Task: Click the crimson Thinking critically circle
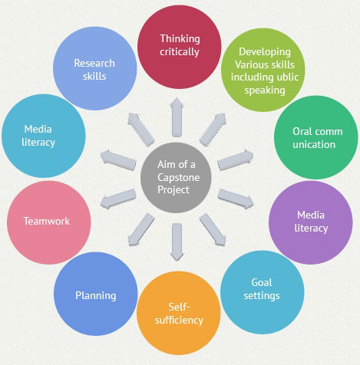179,47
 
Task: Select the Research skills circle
95,68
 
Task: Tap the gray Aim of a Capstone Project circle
176,178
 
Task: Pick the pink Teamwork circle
49,222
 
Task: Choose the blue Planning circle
96,294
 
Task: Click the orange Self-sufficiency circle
179,313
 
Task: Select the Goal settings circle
263,292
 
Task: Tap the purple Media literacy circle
311,222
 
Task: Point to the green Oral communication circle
316,137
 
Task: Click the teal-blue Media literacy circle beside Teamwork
44,136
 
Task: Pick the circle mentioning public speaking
263,70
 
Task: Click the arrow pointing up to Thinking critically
177,117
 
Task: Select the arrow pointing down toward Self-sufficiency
177,242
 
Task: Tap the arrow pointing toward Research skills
141,130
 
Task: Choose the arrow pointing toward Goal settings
213,230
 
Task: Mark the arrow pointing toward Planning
141,230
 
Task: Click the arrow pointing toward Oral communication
236,160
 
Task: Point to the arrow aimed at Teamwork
118,199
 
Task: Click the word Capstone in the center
179,177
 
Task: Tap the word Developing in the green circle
265,52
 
